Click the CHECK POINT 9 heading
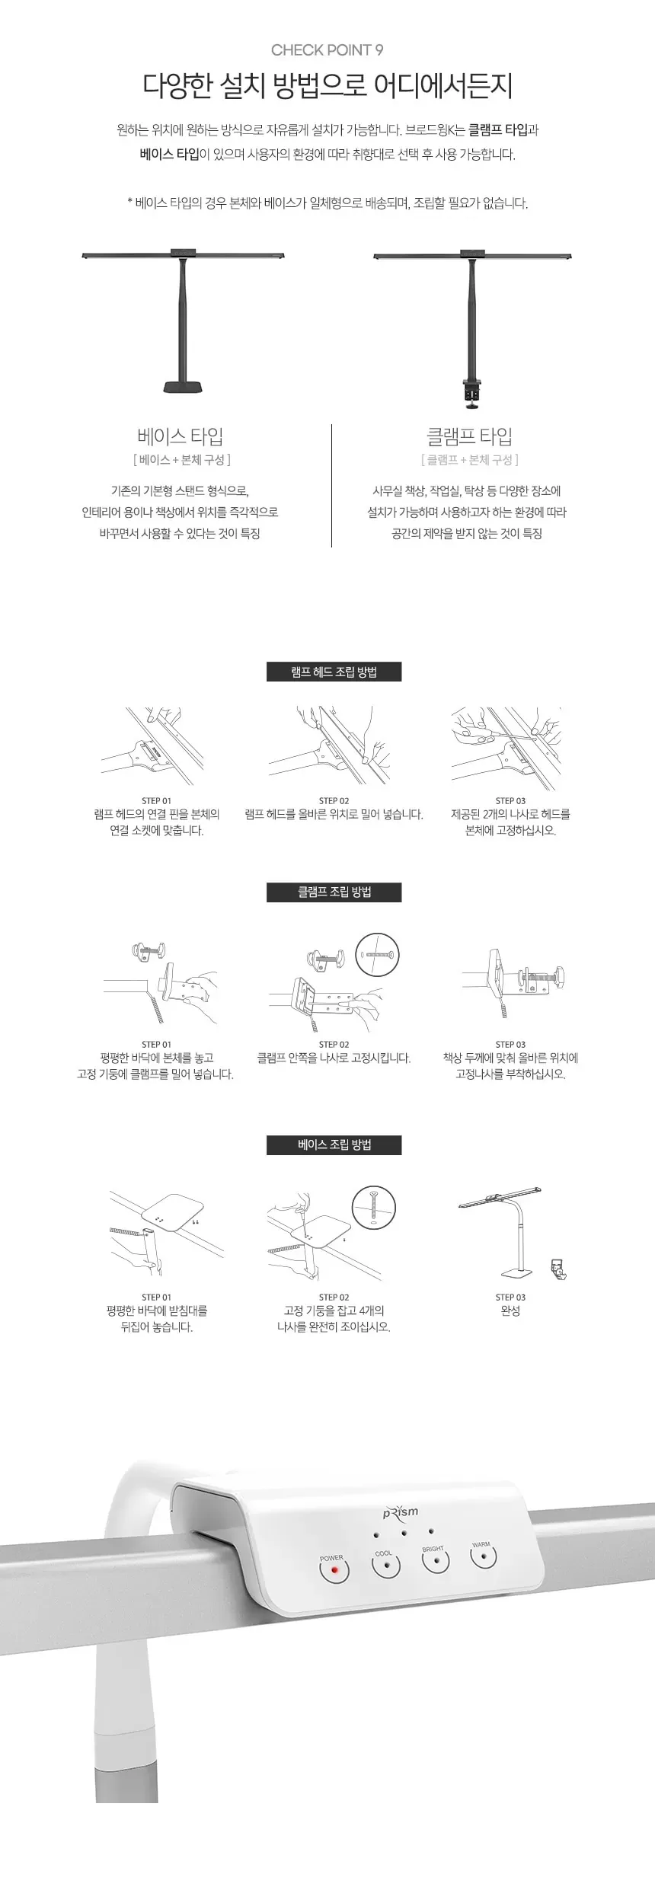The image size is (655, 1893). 327,50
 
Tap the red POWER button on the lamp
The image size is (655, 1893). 334,1570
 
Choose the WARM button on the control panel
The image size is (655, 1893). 483,1555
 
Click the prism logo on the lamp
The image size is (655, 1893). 401,1512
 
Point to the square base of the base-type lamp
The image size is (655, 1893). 184,386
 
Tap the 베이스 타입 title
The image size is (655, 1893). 181,436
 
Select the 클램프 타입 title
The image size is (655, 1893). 469,436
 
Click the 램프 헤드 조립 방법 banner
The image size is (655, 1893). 334,672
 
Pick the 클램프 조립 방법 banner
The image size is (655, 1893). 334,892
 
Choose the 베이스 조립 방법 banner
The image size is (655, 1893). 334,1144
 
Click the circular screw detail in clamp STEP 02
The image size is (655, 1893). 377,954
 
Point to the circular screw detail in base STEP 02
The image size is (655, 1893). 374,1208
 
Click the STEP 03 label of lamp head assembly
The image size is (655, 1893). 510,800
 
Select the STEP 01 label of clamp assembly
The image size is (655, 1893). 156,1044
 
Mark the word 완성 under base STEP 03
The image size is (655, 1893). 510,1310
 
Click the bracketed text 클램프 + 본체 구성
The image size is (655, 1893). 469,460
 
